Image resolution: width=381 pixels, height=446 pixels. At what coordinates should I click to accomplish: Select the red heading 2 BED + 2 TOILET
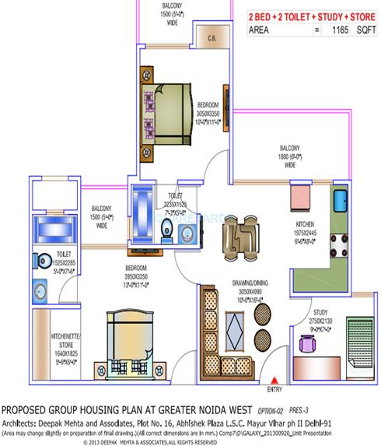click(x=283, y=16)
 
